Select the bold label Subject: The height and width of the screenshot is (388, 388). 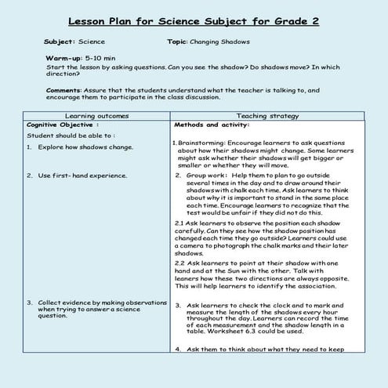[60, 41]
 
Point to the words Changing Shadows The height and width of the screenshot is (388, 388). [227, 41]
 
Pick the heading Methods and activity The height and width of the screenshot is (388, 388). [212, 124]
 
